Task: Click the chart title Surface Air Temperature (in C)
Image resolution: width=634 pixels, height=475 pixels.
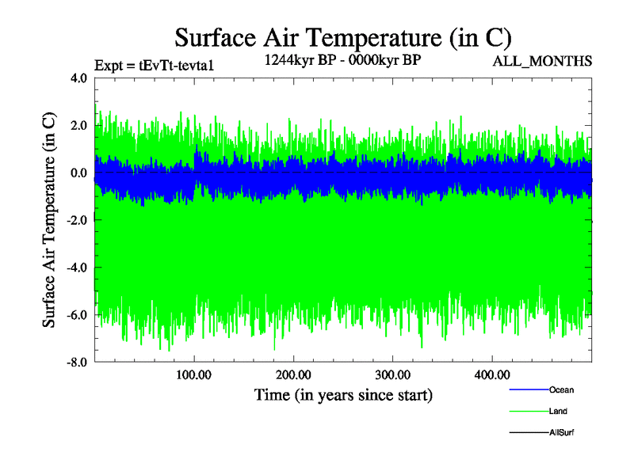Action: click(342, 37)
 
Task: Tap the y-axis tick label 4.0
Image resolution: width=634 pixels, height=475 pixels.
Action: click(78, 78)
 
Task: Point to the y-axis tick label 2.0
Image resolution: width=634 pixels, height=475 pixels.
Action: click(78, 126)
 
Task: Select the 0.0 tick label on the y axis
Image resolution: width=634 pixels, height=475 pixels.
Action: click(78, 173)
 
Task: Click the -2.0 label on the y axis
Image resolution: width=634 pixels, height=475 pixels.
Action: click(75, 221)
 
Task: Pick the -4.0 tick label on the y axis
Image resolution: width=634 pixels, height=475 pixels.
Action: click(75, 268)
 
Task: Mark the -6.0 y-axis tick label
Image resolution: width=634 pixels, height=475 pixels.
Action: click(75, 315)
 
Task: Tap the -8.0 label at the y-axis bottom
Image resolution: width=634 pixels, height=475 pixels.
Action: click(75, 363)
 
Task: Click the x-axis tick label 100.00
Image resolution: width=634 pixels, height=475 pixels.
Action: click(194, 374)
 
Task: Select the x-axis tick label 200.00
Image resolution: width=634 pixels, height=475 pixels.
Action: click(293, 374)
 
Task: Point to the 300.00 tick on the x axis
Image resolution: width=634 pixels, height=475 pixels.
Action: click(392, 374)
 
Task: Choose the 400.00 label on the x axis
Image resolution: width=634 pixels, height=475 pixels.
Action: click(491, 374)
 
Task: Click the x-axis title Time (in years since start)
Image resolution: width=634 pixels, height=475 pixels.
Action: click(343, 393)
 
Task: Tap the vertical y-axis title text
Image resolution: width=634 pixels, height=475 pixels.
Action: click(49, 220)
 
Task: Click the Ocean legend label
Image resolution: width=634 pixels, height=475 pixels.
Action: click(561, 389)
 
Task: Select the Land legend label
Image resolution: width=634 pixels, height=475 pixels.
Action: click(558, 411)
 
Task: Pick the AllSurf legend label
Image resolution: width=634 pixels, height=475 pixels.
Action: click(561, 432)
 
